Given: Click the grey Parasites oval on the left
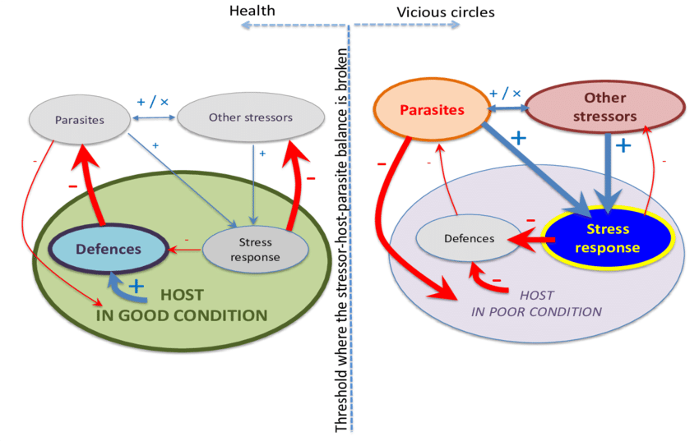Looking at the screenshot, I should [79, 120].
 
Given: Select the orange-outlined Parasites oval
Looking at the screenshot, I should [432, 110].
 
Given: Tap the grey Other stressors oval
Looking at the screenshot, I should [250, 117].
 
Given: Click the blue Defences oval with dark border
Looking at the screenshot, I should [109, 248].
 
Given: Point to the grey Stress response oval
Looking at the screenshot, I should [255, 250].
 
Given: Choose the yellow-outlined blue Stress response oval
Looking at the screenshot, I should [607, 237].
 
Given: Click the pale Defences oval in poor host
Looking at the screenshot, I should [469, 238].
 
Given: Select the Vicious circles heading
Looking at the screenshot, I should [445, 12].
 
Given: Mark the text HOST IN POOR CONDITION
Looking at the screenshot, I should [536, 303].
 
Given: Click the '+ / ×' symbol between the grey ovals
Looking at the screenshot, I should [152, 102].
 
